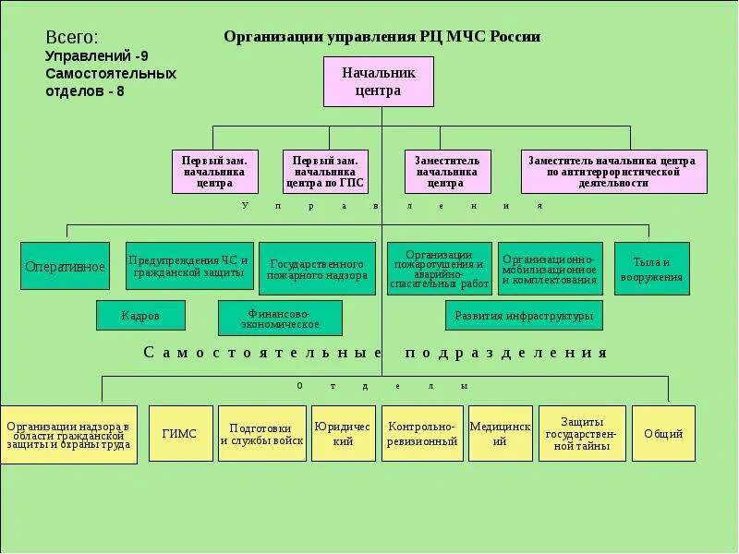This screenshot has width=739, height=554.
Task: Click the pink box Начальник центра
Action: (378, 81)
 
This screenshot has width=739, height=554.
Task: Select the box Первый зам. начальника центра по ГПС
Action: (325, 172)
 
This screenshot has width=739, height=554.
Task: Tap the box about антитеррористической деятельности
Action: (613, 172)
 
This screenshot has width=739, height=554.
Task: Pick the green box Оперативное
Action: (65, 267)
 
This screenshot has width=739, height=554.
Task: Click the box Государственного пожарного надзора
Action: (317, 269)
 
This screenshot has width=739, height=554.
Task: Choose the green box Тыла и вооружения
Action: (651, 269)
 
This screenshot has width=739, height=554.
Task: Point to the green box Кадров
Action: (140, 316)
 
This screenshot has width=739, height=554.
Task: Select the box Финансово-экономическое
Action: (280, 319)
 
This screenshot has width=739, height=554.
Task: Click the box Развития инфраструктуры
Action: (524, 316)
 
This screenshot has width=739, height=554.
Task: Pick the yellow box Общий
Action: (663, 434)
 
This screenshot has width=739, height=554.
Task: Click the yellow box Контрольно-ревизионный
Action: (422, 434)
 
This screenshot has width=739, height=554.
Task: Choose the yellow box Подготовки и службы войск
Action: (261, 434)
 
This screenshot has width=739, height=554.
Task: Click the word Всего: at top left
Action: (71, 38)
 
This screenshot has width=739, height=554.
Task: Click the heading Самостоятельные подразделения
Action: (375, 353)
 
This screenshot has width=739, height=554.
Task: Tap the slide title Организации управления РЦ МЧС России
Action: (382, 37)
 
